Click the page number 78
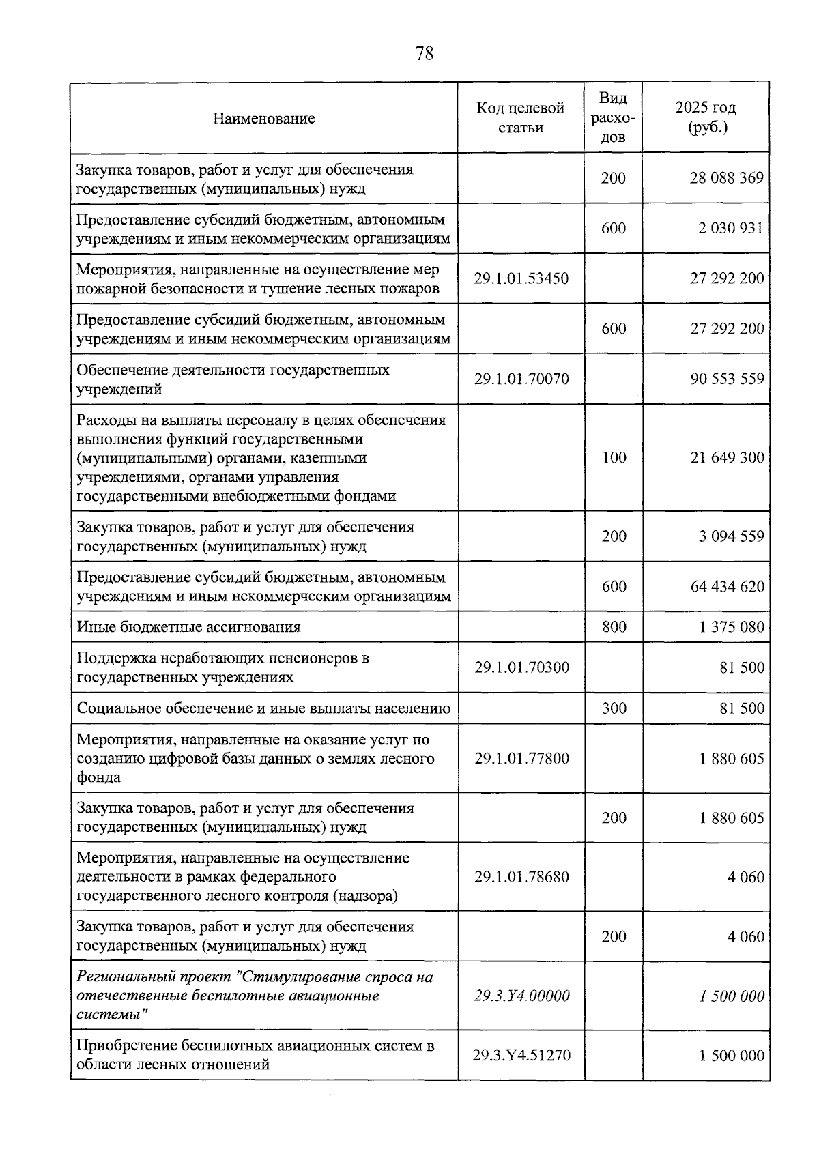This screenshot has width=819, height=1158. [424, 53]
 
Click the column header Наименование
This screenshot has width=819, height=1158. [263, 118]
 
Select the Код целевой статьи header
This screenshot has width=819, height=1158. [521, 117]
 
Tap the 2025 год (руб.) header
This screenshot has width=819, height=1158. [706, 117]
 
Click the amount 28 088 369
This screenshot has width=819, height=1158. [726, 178]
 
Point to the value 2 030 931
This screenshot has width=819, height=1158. [730, 228]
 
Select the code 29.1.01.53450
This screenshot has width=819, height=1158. [521, 278]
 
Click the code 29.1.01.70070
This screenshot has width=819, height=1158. [521, 379]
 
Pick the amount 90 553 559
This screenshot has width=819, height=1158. [727, 379]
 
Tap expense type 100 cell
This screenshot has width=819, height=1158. [614, 457]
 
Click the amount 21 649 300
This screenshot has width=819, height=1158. [727, 457]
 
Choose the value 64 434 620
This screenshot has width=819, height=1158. [727, 586]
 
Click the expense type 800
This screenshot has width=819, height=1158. [614, 626]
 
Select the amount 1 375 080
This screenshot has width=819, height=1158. [731, 626]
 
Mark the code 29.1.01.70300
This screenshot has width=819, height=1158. [521, 667]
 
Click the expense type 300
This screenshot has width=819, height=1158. [614, 708]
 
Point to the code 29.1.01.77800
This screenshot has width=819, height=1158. [521, 758]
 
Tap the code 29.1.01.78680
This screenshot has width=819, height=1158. [521, 877]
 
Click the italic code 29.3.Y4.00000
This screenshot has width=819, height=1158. [521, 996]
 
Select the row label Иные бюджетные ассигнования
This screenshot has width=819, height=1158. [188, 626]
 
